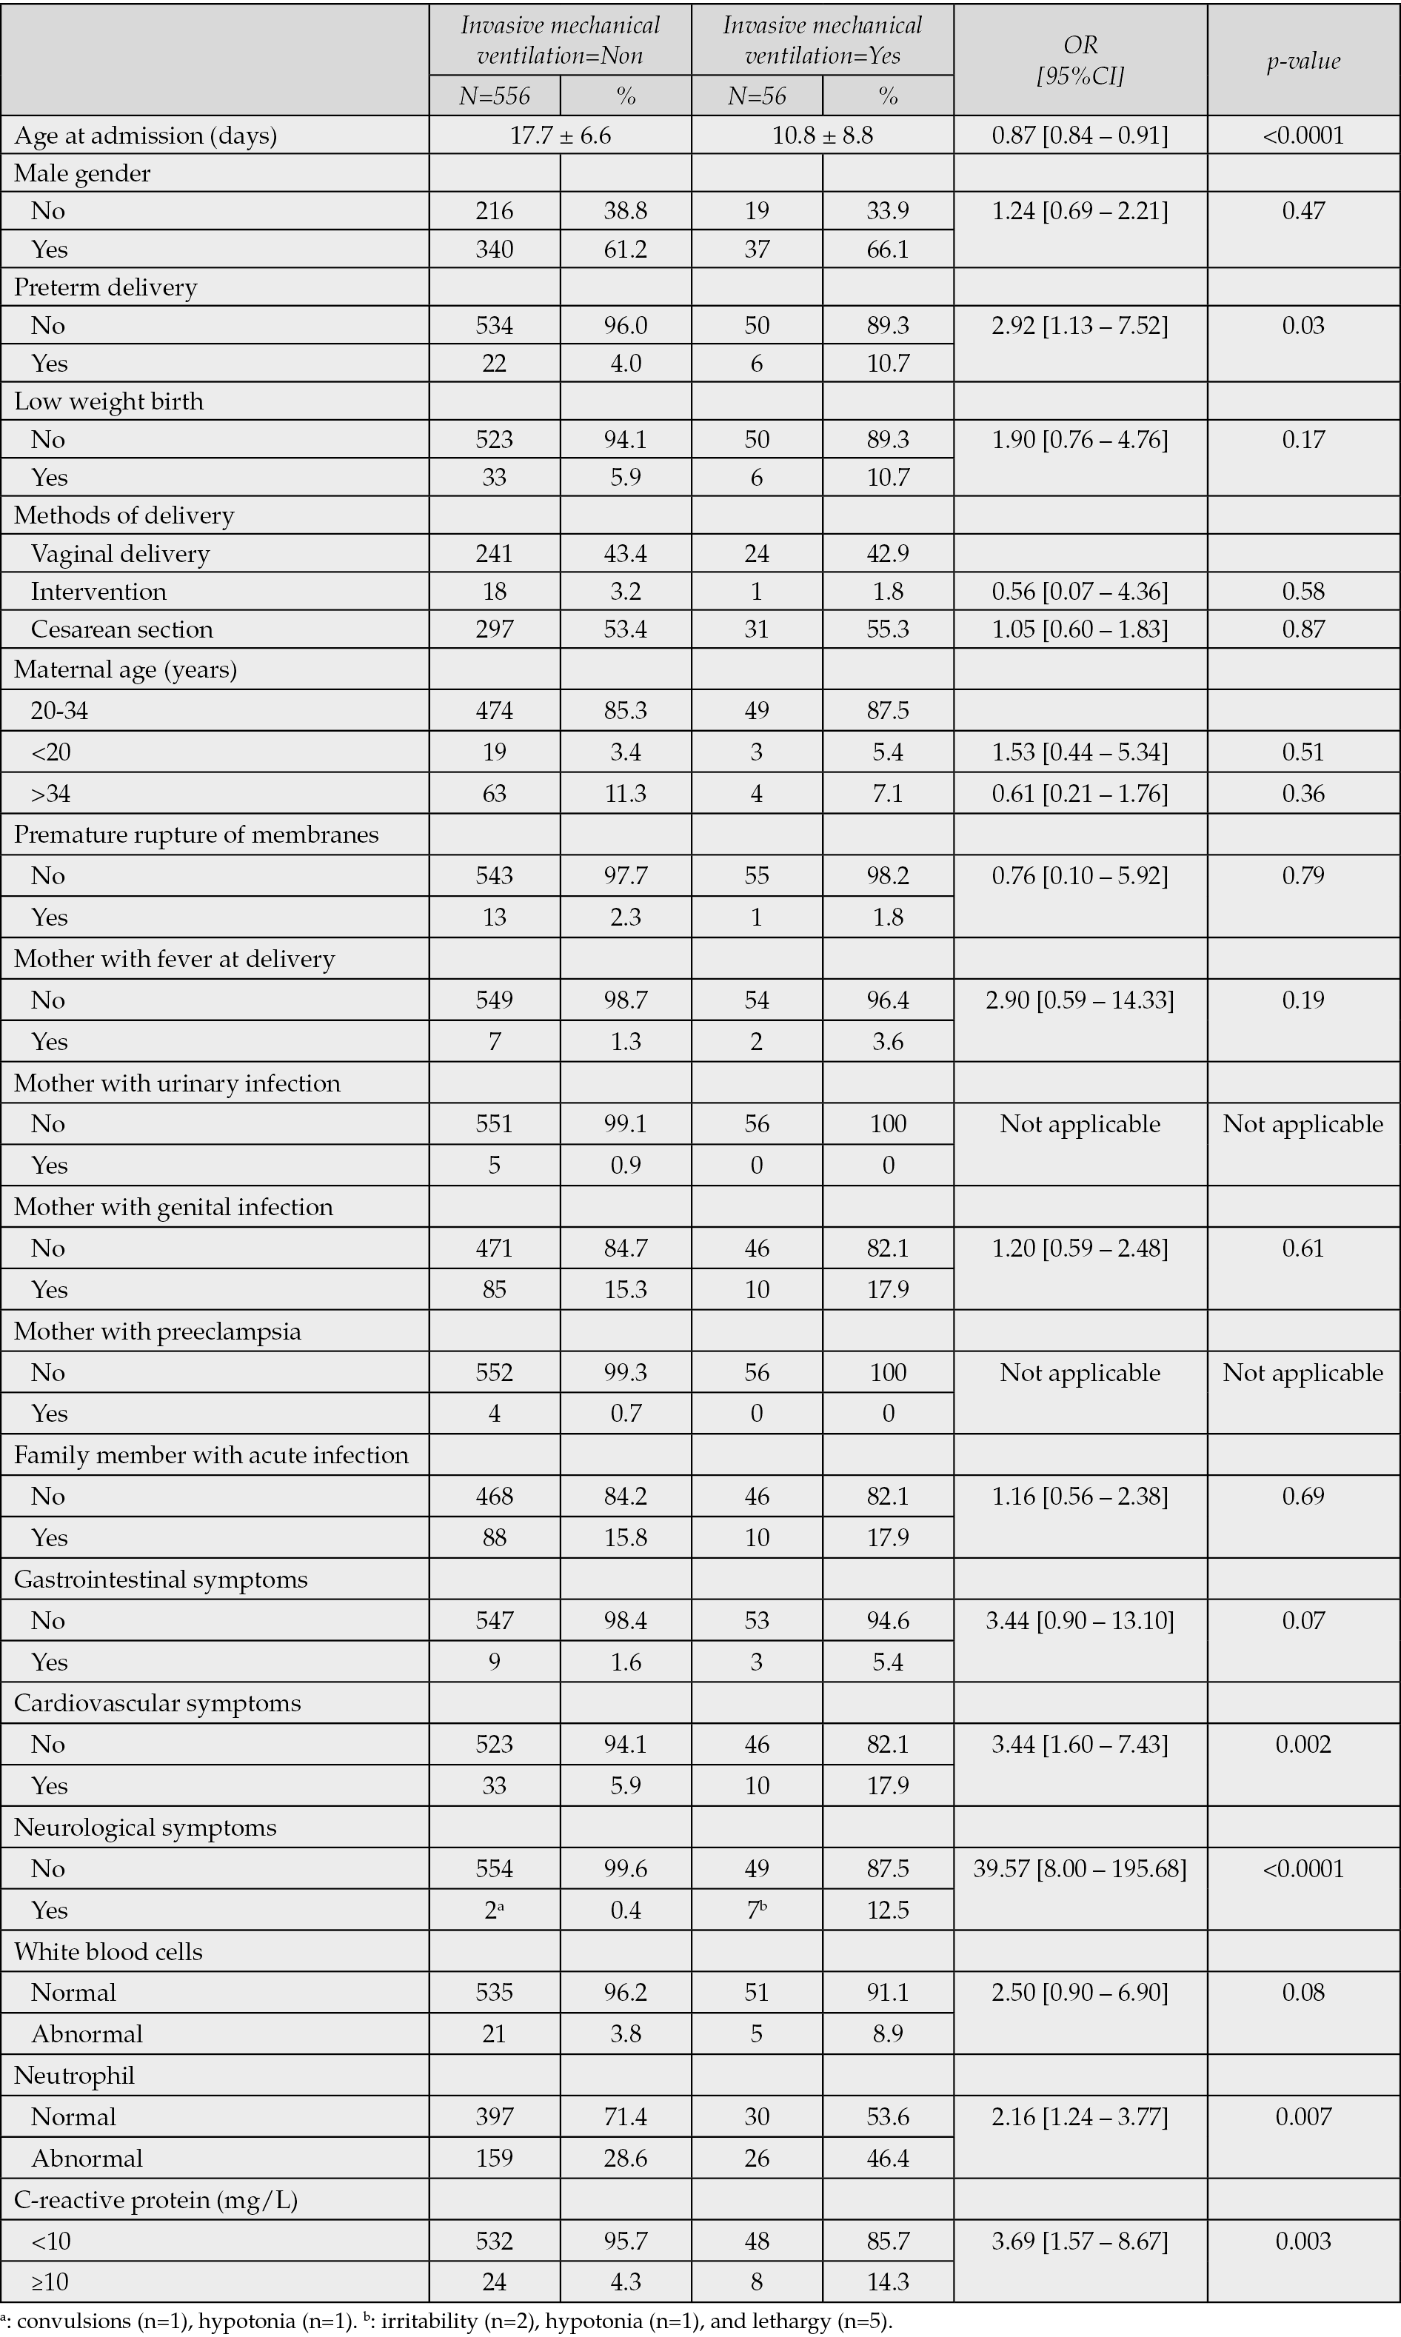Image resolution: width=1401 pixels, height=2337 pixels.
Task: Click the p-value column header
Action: coord(1303,61)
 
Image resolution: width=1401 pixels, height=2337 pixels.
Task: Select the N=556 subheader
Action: coord(495,96)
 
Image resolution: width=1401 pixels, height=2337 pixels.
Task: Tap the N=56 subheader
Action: coord(756,96)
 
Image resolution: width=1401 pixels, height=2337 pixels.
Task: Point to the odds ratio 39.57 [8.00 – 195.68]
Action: coord(1080,1869)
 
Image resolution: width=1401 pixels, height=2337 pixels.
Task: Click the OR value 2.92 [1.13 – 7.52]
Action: coord(1080,326)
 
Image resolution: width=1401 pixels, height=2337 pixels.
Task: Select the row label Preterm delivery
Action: coord(105,287)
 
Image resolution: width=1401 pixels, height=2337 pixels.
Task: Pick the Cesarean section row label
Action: coord(121,629)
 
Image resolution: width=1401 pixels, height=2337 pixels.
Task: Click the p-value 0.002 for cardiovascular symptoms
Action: coord(1303,1745)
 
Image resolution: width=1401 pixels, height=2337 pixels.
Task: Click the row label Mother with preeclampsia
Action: coord(158,1331)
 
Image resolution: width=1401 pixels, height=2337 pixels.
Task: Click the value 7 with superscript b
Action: coord(756,1910)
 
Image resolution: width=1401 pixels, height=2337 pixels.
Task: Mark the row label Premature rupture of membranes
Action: coord(196,835)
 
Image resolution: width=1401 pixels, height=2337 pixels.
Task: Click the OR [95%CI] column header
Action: coord(1080,61)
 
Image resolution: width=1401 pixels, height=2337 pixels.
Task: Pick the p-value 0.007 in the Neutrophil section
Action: coord(1303,2117)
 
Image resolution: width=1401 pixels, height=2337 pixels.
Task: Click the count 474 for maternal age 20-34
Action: coord(495,710)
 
